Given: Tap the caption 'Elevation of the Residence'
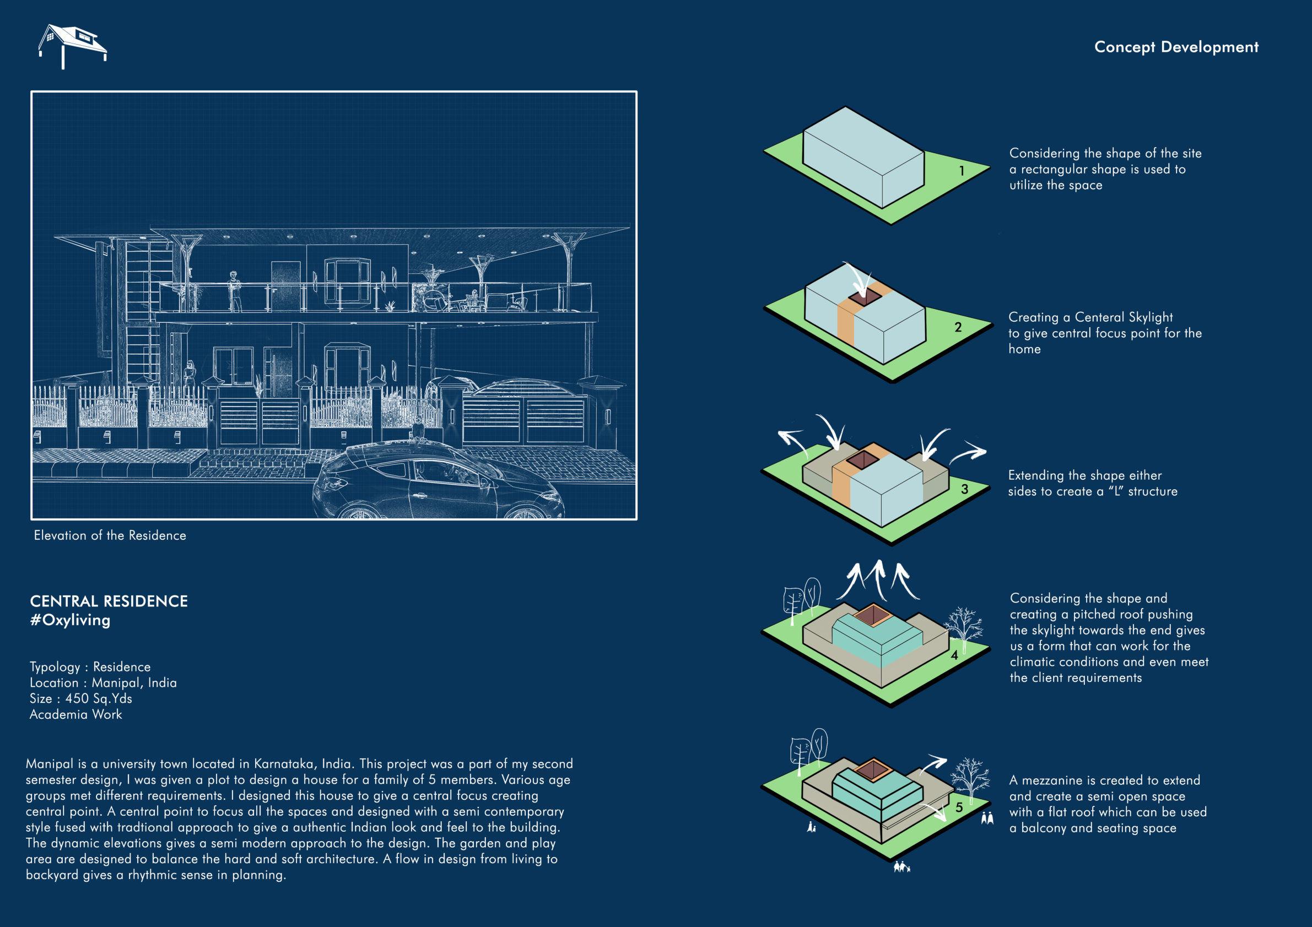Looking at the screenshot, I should coord(110,536).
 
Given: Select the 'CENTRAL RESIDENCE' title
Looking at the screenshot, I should coord(109,601).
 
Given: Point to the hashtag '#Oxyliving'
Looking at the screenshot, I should coord(70,620).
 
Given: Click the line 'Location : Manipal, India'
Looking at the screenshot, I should coord(103,682).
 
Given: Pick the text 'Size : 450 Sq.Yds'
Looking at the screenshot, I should coord(80,698).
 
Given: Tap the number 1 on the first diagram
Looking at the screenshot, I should coord(962,170).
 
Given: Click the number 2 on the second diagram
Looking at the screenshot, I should coord(958,327).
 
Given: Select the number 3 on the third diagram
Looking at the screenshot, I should coord(964,490).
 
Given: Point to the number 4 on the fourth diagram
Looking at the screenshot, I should coord(954,655).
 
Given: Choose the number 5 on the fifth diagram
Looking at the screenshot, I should coord(959,807).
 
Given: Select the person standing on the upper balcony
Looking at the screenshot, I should coord(234,291).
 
